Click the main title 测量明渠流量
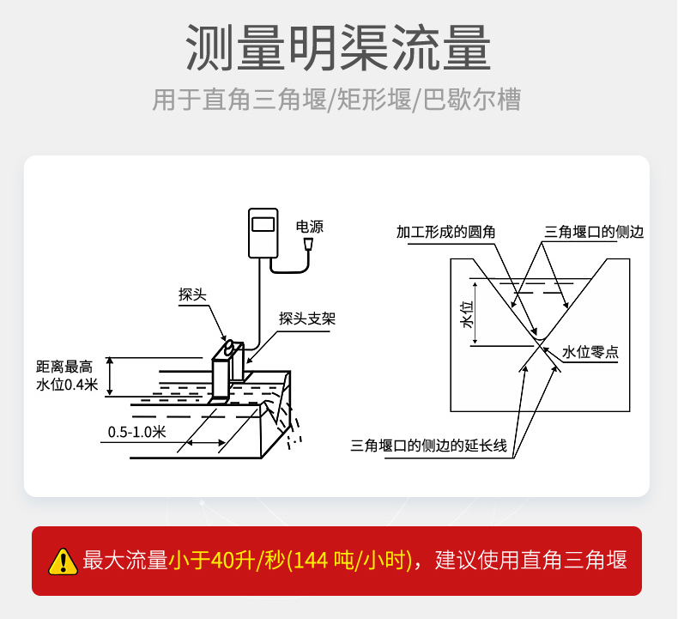coord(338,47)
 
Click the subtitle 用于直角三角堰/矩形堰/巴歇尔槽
coord(336,100)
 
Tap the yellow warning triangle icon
coord(64,561)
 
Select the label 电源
coord(310,227)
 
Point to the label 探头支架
coord(307,319)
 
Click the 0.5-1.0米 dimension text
coord(136,432)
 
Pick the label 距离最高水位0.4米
coord(67,375)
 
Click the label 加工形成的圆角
coord(445,232)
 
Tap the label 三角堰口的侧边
coord(594,232)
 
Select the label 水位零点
coord(590,352)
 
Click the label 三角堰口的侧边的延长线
coord(428,445)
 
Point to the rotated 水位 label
coord(469,314)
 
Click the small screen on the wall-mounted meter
coord(263,224)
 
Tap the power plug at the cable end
coord(308,245)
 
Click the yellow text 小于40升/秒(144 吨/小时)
coord(290,560)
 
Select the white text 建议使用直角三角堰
coord(531,560)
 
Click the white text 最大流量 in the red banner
coord(125,560)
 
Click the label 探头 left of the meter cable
coord(192,294)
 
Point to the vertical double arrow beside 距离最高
coord(110,376)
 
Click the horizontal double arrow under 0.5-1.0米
coord(206,442)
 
